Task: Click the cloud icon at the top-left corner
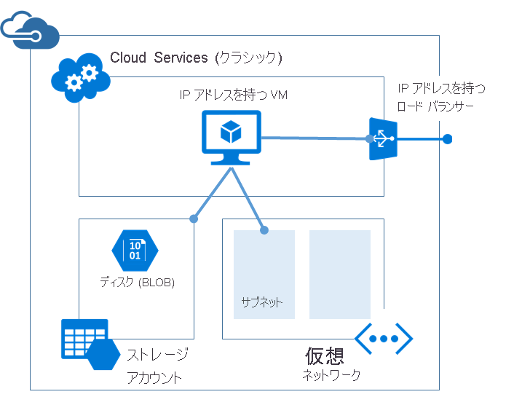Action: (30, 29)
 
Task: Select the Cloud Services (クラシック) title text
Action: (196, 58)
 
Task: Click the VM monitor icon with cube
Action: (231, 136)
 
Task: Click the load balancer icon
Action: (381, 138)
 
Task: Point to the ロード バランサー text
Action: (435, 107)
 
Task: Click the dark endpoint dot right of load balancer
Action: (448, 139)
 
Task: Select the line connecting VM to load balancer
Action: (313, 137)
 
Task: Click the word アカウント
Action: (154, 378)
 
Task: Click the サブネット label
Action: (261, 302)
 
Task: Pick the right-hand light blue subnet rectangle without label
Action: (339, 274)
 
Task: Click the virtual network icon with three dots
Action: (384, 339)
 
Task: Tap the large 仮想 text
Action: (324, 356)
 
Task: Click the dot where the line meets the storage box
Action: (194, 218)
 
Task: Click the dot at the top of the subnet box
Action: (264, 230)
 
